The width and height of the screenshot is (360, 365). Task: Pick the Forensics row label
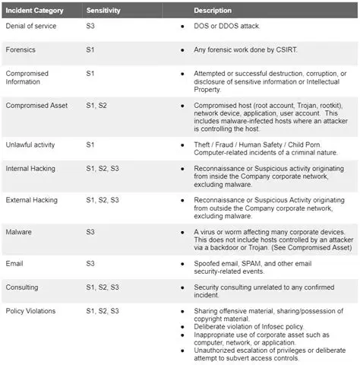(22, 50)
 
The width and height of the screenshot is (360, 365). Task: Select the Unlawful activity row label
(30, 144)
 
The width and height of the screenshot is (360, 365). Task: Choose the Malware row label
(18, 231)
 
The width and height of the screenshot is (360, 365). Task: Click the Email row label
(15, 263)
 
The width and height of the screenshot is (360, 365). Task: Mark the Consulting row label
(24, 287)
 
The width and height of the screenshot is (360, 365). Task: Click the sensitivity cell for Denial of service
(91, 26)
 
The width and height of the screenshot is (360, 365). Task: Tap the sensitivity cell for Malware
(91, 231)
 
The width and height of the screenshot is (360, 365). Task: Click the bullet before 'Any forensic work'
(182, 50)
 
